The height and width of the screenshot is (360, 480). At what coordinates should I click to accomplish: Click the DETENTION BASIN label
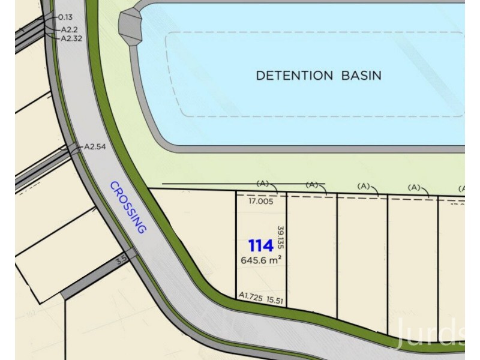click(319, 76)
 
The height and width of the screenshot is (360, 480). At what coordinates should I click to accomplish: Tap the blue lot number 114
click(261, 245)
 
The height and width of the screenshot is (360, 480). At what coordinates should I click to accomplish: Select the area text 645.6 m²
click(261, 260)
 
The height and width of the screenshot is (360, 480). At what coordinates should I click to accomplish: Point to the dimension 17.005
click(261, 202)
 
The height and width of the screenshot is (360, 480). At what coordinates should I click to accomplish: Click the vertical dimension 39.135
click(280, 238)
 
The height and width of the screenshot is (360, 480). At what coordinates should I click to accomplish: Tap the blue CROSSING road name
click(128, 207)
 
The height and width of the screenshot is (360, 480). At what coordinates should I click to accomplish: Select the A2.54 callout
click(95, 146)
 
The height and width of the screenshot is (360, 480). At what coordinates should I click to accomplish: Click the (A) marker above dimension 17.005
click(262, 184)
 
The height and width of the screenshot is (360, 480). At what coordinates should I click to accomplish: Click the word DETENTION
click(294, 76)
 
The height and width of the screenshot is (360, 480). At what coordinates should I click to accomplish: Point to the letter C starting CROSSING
click(113, 187)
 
